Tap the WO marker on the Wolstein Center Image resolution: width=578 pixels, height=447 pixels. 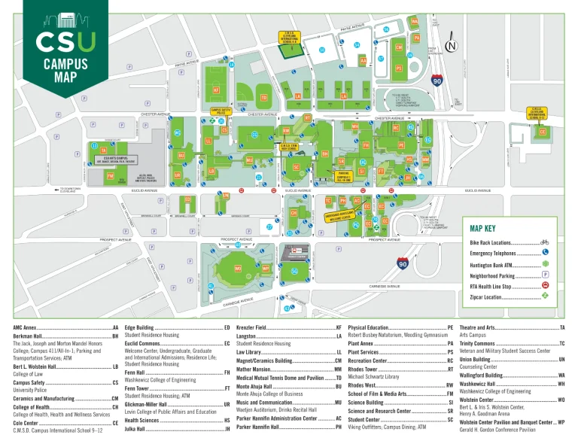237,268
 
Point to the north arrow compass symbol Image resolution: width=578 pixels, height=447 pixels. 451,47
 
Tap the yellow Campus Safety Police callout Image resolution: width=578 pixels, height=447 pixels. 220,111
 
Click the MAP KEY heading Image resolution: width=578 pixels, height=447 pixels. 482,229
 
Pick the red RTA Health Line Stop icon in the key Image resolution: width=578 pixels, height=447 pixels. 544,285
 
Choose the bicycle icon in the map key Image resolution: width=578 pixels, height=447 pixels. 544,243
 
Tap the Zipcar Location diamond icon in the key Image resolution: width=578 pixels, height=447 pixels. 544,296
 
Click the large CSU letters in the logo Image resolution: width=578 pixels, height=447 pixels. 66,41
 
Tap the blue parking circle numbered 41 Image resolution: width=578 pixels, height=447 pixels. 211,286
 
